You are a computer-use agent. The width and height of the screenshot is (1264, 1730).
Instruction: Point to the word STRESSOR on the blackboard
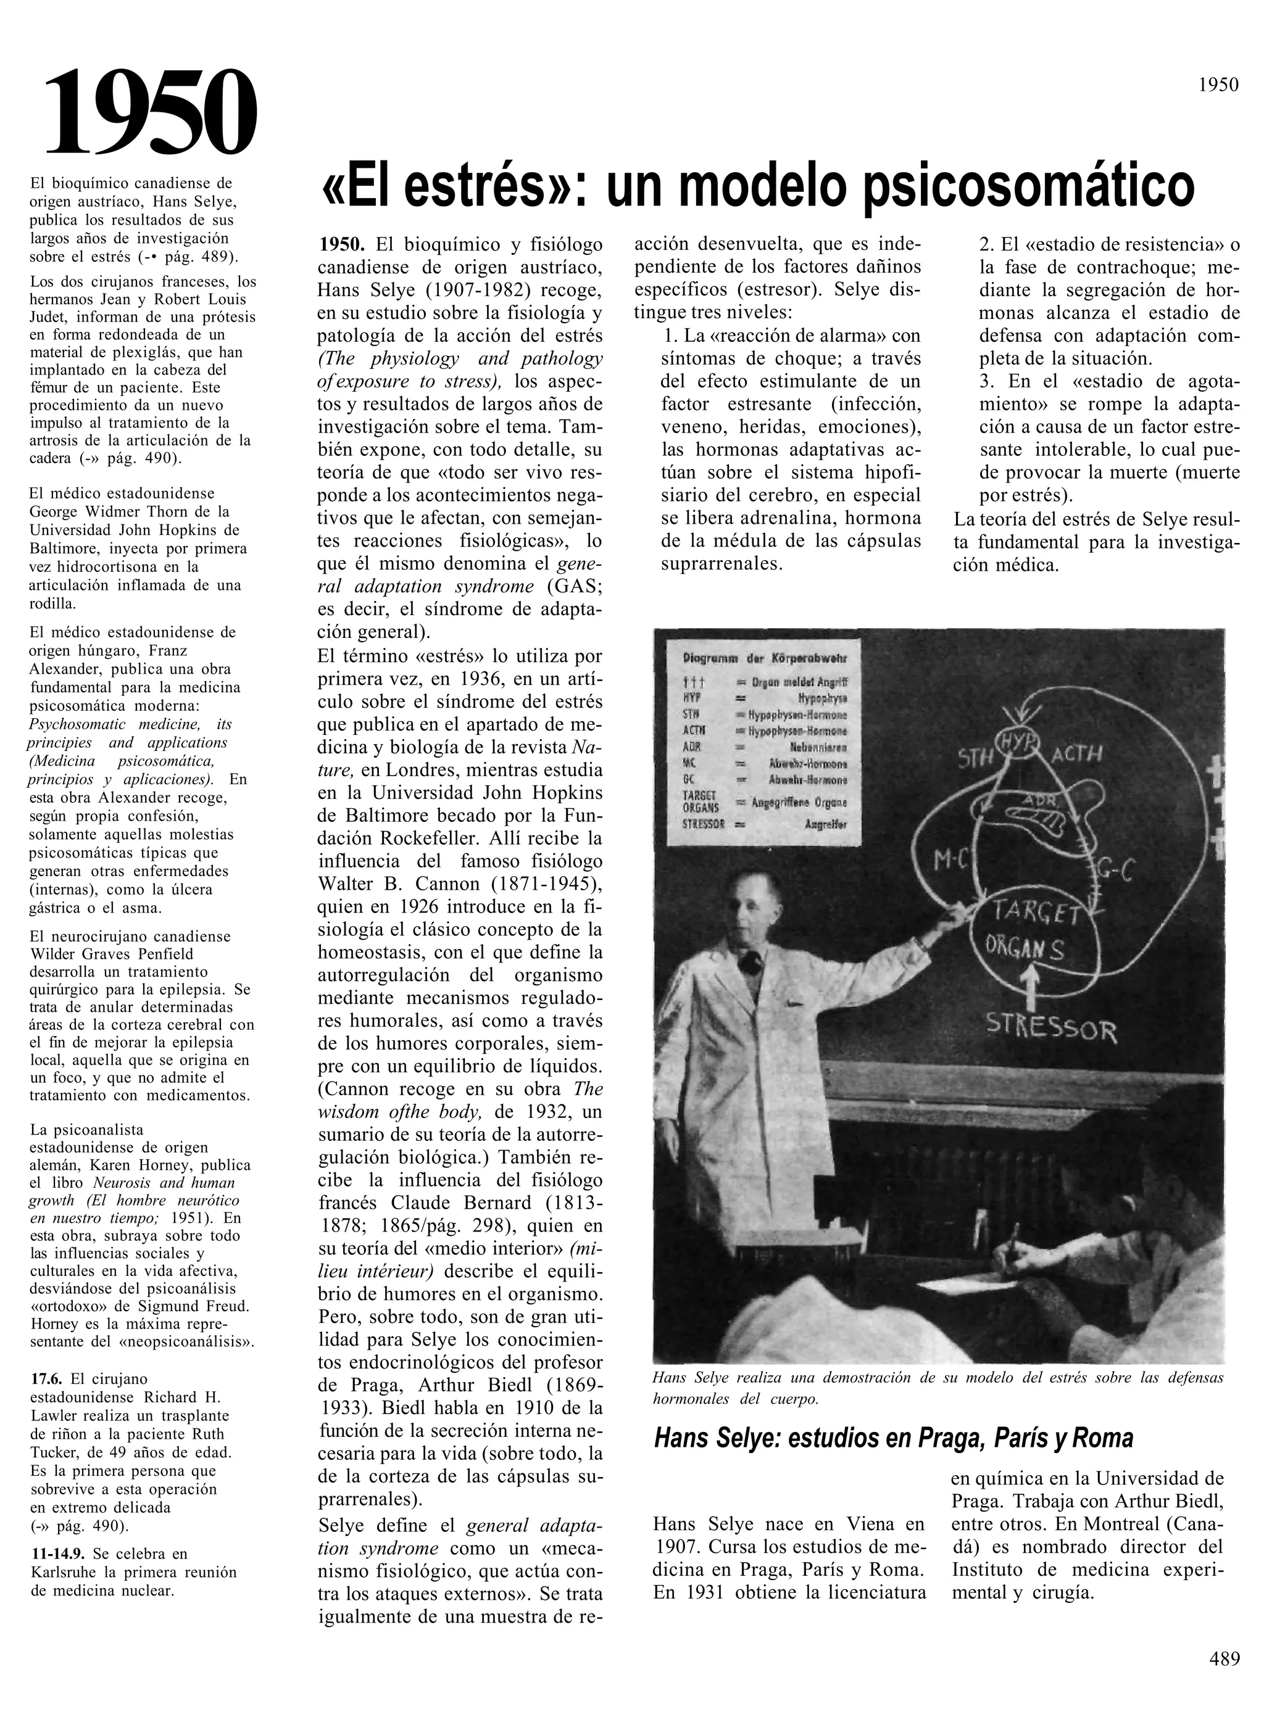tap(1050, 1027)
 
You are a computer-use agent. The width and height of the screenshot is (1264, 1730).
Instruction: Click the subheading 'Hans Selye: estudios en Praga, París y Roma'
tap(893, 1439)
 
